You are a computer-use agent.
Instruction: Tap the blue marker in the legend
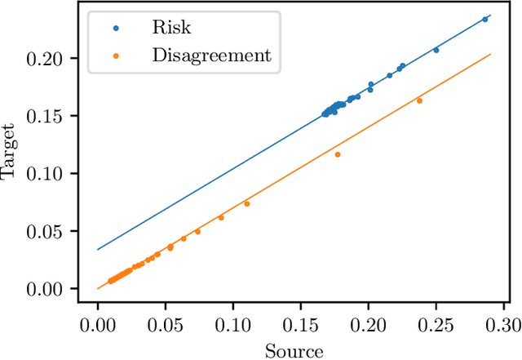[116, 27]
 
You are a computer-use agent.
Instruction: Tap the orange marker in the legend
[116, 56]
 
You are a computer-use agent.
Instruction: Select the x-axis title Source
[294, 351]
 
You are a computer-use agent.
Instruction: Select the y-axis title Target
[10, 151]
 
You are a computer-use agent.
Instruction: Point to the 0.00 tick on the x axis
[98, 324]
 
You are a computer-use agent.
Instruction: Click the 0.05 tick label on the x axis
[166, 324]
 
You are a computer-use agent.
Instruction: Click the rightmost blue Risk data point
[485, 19]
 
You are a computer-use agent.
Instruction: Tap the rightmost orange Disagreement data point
[419, 100]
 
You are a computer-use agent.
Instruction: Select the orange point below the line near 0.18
[338, 154]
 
